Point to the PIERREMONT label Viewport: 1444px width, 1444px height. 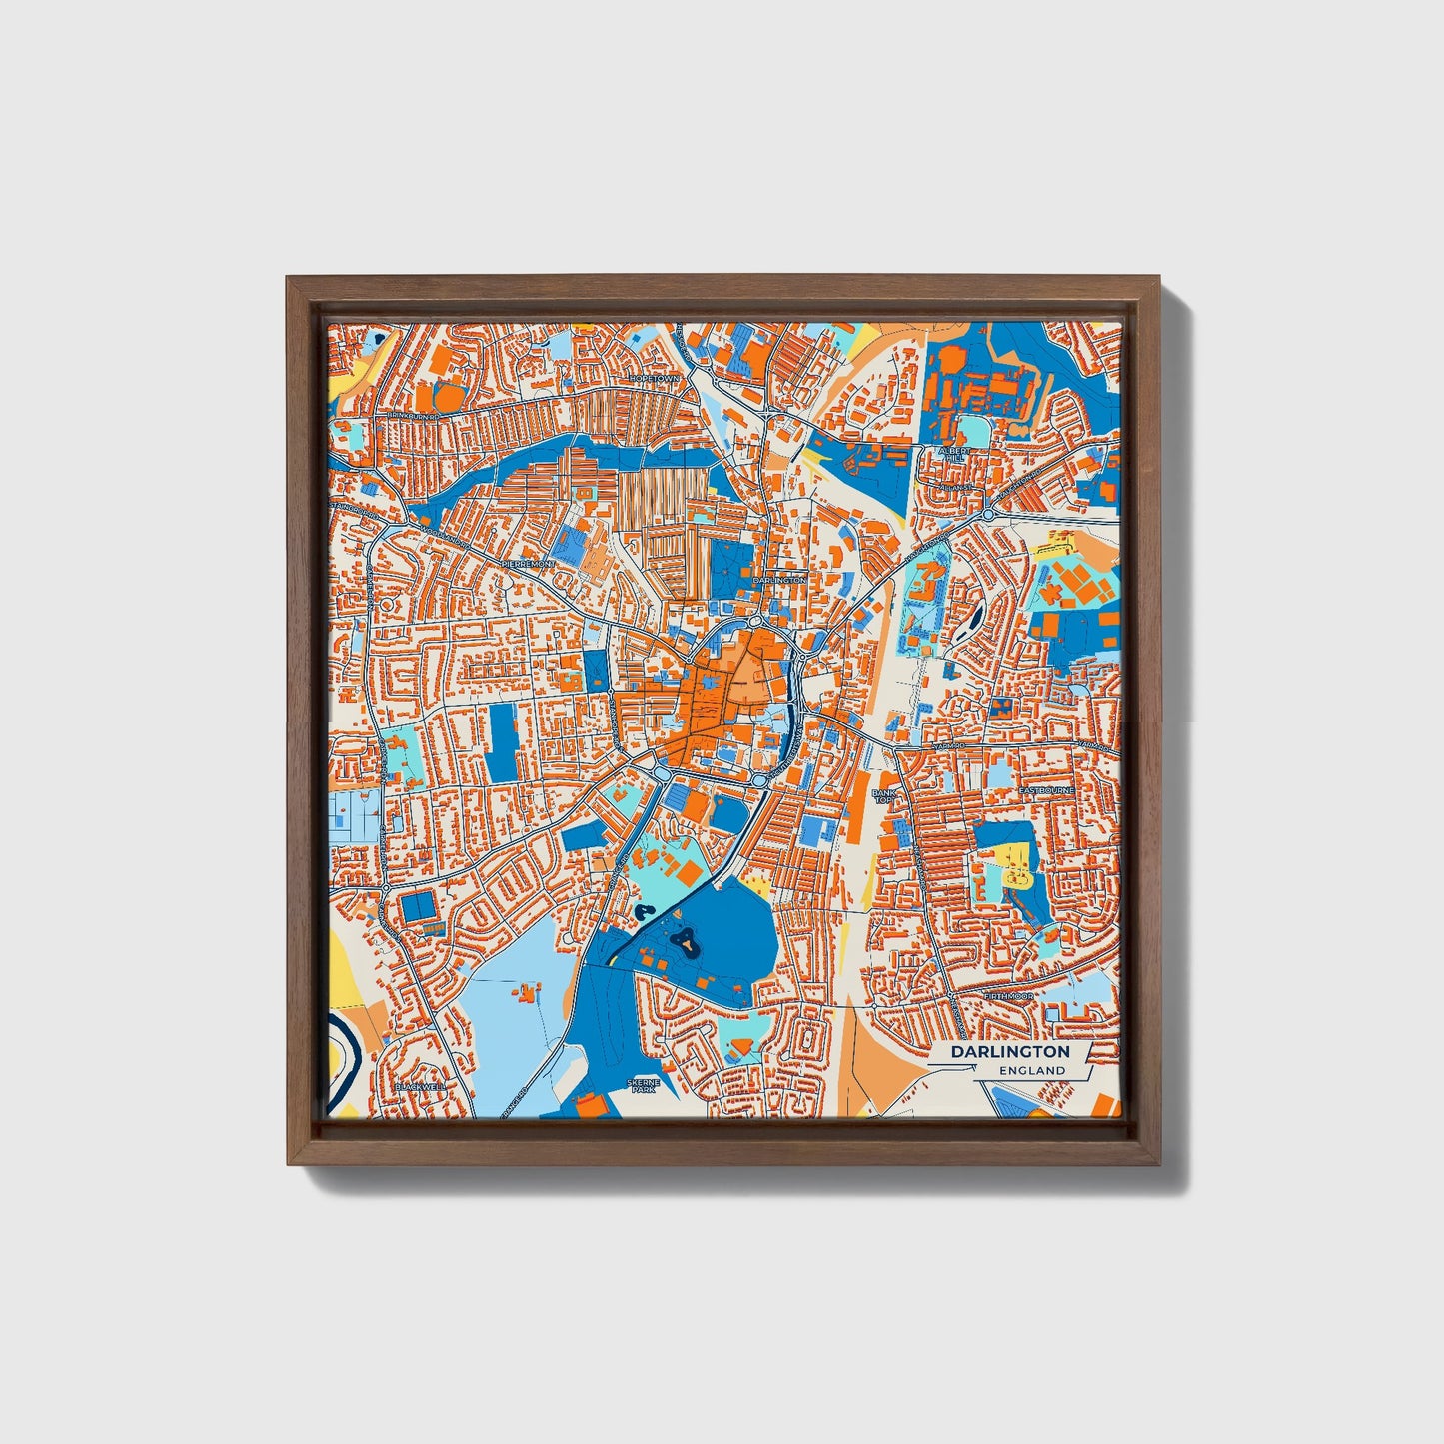[526, 564]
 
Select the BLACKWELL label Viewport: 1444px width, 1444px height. [420, 1085]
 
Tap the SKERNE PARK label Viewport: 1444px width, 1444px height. [640, 1085]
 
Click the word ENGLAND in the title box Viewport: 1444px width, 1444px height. [1032, 1070]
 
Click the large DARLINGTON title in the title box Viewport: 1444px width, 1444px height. [1009, 1052]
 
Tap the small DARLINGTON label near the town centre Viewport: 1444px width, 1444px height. [779, 579]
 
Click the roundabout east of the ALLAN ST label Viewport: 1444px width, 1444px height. [987, 514]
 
